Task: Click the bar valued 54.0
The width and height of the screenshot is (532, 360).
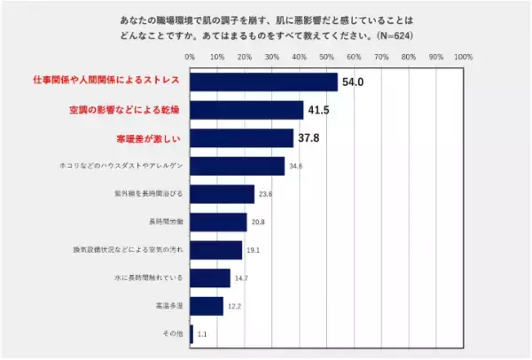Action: point(263,82)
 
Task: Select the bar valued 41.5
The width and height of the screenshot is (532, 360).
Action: point(246,110)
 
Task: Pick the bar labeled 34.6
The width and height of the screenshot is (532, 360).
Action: point(237,166)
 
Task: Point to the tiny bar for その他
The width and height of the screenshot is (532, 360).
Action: point(192,334)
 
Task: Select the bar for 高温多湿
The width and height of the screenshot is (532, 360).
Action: point(207,306)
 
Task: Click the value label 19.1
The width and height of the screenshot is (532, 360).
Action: point(253,250)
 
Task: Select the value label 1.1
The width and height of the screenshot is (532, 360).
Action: point(203,334)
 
